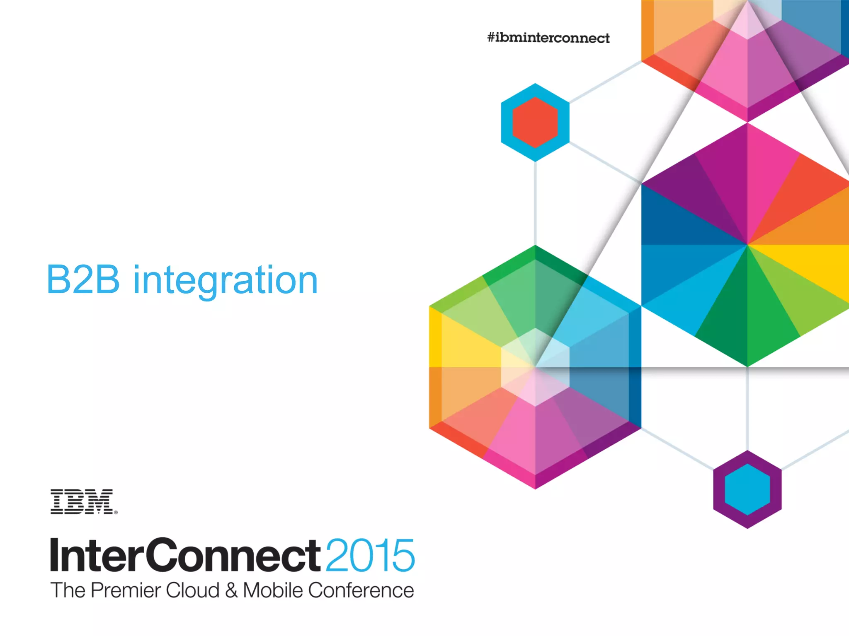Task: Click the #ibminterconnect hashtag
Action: (x=548, y=38)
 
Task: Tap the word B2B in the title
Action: (x=83, y=280)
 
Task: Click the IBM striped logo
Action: (x=82, y=501)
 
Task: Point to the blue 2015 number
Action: (x=370, y=555)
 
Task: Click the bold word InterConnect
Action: (x=185, y=555)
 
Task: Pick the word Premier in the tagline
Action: (x=125, y=590)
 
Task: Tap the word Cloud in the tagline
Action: (x=192, y=590)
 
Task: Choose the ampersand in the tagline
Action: (x=231, y=590)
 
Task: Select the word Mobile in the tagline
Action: (x=273, y=590)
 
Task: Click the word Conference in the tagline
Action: (x=361, y=590)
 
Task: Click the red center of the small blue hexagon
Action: (x=535, y=123)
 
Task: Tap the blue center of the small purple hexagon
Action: (x=747, y=489)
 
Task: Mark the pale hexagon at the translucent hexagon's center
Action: (x=535, y=367)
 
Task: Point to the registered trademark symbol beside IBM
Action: (x=116, y=513)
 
